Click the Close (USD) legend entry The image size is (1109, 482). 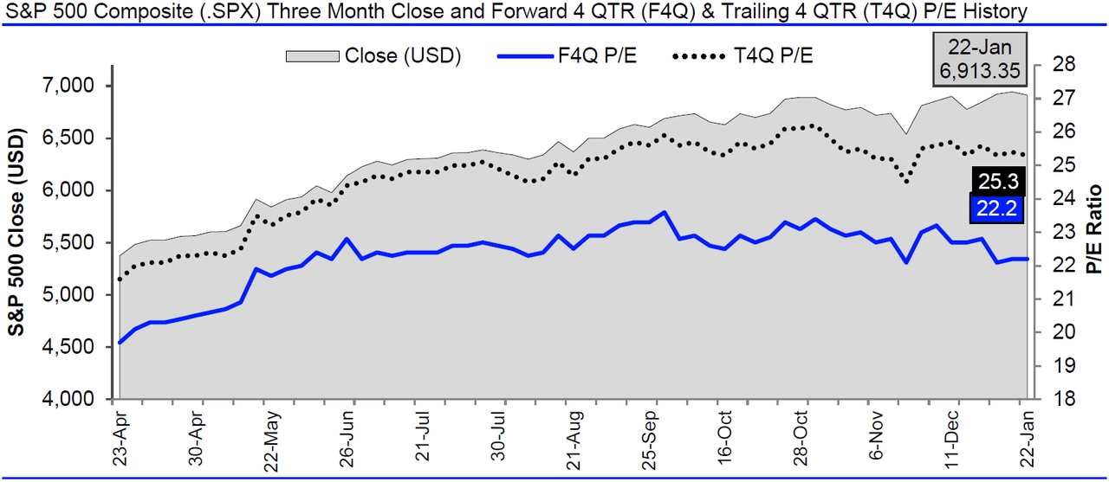click(373, 55)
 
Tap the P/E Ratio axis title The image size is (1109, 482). click(1093, 229)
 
